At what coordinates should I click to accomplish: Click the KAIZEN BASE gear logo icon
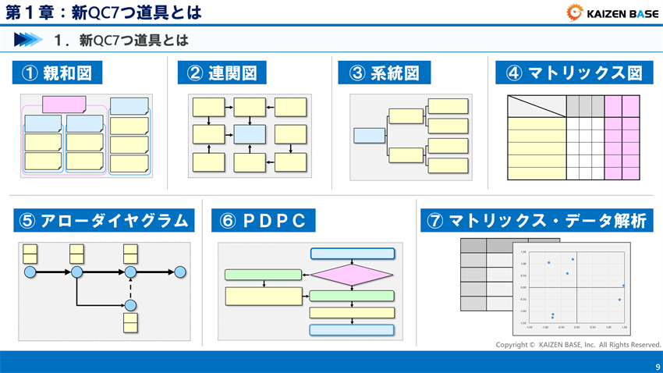[573, 12]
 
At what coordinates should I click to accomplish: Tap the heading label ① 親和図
[58, 73]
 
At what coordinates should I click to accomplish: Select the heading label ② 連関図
[222, 73]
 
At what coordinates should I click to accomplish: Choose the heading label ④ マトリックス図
[574, 73]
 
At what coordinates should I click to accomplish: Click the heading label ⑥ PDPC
[263, 221]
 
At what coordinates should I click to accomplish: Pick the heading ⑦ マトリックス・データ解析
[537, 221]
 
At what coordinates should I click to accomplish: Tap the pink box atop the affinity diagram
[64, 105]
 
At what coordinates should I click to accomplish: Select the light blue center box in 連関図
[250, 133]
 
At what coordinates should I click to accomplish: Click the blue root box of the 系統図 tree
[369, 136]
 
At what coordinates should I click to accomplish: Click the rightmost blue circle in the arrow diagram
[180, 272]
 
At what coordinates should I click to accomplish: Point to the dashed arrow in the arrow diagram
[131, 288]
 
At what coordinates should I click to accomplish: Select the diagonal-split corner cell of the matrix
[536, 105]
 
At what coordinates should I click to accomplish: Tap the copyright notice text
[578, 344]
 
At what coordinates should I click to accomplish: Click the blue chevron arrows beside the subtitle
[27, 39]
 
